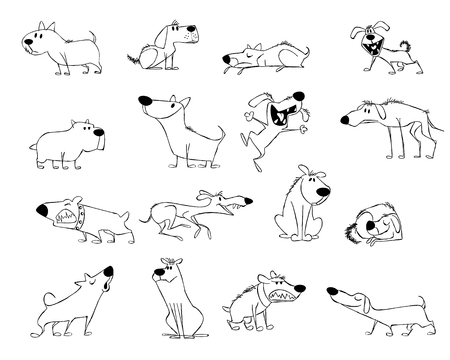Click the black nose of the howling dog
tap(109, 271)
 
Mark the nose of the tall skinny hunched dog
tap(345, 120)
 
